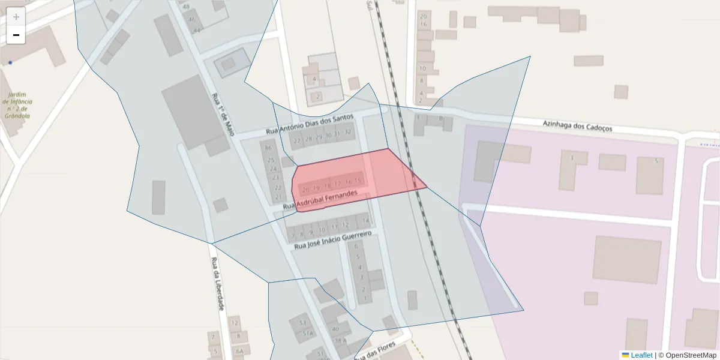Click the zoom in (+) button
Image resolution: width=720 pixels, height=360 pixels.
click(16, 17)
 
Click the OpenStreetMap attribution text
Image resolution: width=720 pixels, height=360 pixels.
click(691, 355)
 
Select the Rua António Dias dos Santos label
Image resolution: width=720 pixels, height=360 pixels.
click(310, 125)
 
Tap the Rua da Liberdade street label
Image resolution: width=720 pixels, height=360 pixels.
click(217, 284)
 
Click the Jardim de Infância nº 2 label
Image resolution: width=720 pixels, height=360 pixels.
click(17, 106)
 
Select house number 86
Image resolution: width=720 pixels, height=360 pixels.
click(268, 148)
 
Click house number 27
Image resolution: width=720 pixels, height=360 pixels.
click(296, 141)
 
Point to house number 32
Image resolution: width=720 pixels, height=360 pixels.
click(348, 132)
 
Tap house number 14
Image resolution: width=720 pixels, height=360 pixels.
click(365, 221)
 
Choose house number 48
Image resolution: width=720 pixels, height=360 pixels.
click(186, 7)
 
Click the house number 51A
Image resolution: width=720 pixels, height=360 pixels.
click(308, 334)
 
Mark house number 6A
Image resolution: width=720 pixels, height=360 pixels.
click(239, 352)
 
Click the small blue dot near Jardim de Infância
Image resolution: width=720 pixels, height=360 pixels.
click(10, 62)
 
